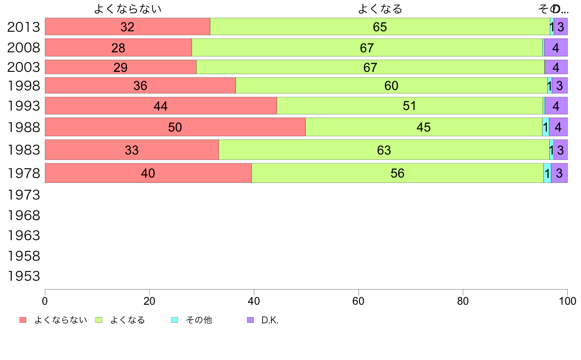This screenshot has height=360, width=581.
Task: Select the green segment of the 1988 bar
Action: tap(424, 127)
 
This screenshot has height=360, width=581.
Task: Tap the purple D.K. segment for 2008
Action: tap(556, 48)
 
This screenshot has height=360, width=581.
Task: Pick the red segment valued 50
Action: tap(175, 127)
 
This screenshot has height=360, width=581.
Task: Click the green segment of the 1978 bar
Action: tap(397, 173)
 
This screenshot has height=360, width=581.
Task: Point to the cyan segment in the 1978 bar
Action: tap(547, 173)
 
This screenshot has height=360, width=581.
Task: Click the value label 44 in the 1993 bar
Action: tap(160, 106)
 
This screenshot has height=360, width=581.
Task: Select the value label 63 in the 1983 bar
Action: tap(384, 150)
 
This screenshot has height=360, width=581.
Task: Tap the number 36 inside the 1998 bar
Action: tap(140, 86)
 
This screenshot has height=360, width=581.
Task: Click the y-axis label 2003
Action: tap(23, 67)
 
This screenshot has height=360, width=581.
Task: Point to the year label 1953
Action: tap(23, 276)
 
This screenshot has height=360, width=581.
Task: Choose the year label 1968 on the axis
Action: tap(23, 215)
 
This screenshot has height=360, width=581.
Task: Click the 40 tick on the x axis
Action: tap(254, 300)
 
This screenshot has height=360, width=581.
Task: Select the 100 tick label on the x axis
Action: tap(567, 300)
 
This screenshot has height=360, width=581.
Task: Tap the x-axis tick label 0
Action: tap(45, 300)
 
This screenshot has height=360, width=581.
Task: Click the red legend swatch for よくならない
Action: tap(22, 320)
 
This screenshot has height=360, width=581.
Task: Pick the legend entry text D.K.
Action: tap(269, 320)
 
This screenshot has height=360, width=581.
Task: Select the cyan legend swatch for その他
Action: tap(175, 320)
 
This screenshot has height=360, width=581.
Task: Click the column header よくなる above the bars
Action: tap(380, 9)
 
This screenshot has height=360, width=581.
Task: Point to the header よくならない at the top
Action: tap(128, 9)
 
